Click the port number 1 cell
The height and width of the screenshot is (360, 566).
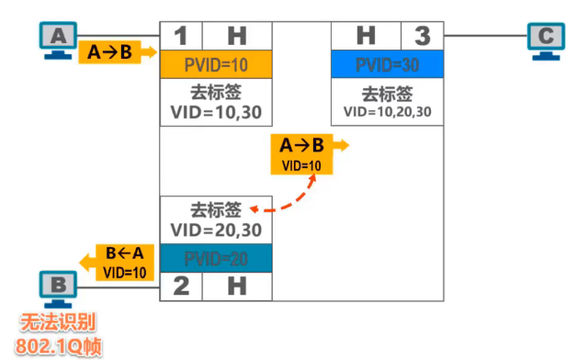pos(180,37)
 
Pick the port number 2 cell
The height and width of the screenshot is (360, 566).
pos(180,286)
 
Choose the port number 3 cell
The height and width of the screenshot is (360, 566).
pos(422,37)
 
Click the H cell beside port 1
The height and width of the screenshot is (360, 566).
pos(237,37)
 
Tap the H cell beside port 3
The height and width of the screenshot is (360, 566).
pos(366,37)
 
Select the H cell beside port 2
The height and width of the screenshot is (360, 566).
pos(237,286)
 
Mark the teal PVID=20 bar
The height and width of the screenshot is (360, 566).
pos(216,257)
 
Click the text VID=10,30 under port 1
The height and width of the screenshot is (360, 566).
pos(216,113)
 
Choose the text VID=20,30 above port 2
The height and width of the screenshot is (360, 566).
pos(216,229)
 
